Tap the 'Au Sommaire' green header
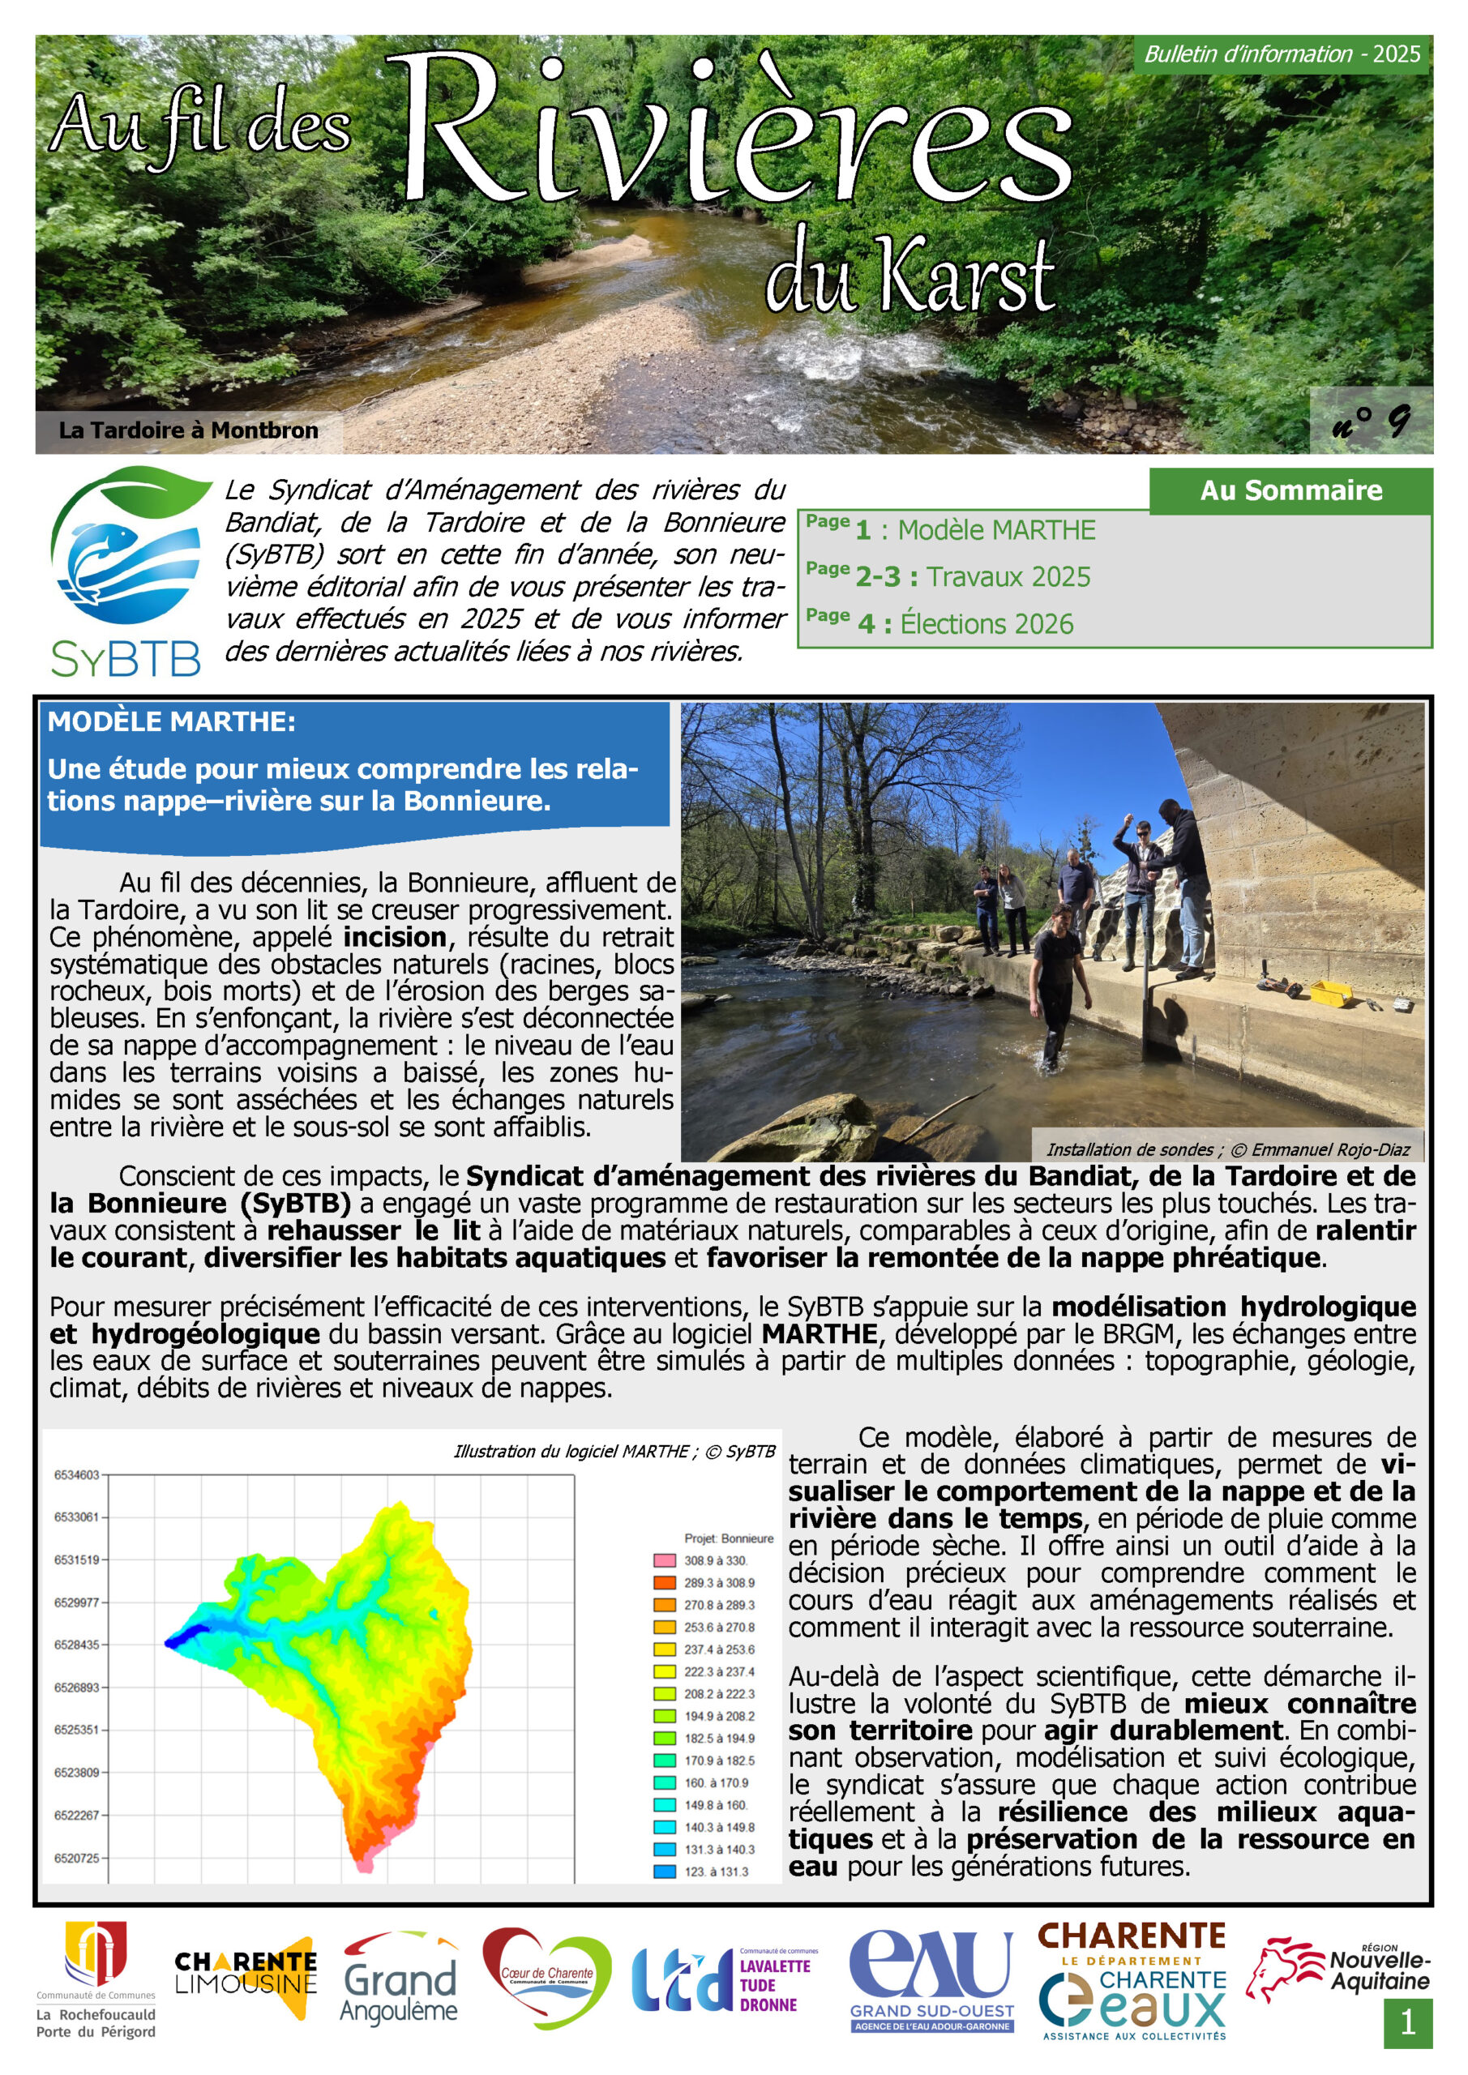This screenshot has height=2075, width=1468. pyautogui.click(x=1290, y=490)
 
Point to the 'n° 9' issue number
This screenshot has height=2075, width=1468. pyautogui.click(x=1371, y=420)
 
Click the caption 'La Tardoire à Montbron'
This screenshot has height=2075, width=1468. pyautogui.click(x=188, y=430)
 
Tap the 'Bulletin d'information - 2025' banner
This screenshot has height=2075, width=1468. pyautogui.click(x=1282, y=54)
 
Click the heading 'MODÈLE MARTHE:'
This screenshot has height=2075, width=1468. pyautogui.click(x=171, y=722)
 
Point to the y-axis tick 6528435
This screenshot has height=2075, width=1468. pyautogui.click(x=76, y=1645)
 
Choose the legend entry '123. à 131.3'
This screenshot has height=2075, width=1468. pyautogui.click(x=716, y=1872)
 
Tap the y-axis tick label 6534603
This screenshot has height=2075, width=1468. pyautogui.click(x=76, y=1475)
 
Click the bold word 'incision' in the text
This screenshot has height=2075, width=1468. pyautogui.click(x=395, y=937)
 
